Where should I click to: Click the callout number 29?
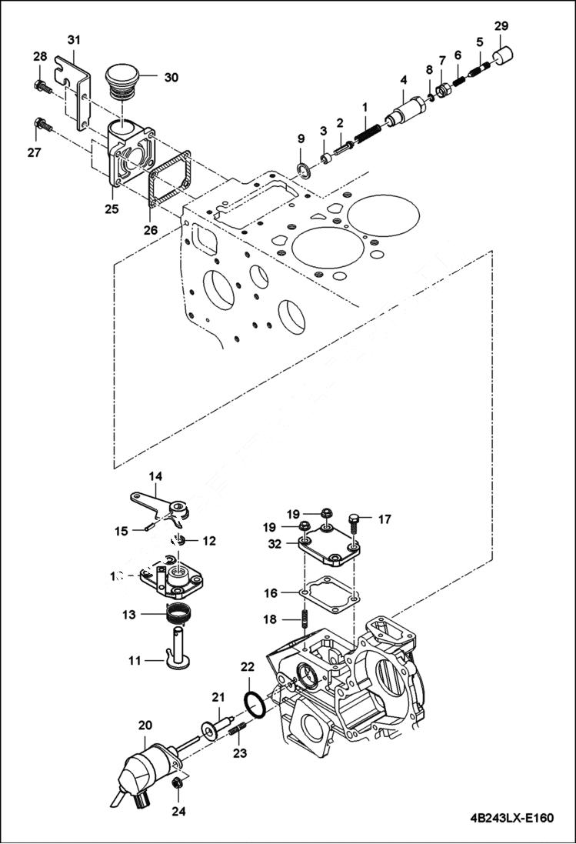501,26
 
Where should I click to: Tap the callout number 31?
73,38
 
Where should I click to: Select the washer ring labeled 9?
302,168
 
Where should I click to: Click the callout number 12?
209,541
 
